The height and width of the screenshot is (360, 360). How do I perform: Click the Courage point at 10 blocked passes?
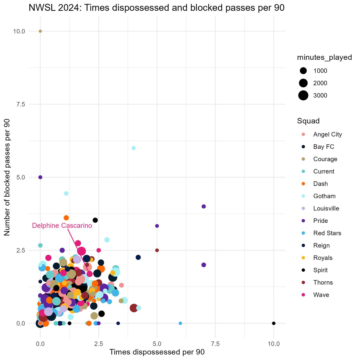click(40, 31)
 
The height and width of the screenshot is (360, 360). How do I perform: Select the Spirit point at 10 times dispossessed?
click(274, 323)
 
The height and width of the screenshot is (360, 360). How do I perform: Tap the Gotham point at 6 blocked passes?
click(133, 148)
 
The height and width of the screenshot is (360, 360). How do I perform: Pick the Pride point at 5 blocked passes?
click(40, 177)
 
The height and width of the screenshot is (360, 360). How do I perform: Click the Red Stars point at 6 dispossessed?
click(180, 323)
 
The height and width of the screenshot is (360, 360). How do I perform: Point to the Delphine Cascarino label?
click(62, 226)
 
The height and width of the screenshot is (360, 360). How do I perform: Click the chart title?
click(157, 8)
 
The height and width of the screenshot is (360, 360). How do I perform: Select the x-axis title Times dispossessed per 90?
click(157, 352)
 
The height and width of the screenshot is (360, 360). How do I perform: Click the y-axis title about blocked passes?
click(7, 177)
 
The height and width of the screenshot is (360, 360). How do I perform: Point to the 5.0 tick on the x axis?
click(157, 344)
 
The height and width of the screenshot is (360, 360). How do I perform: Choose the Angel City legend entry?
click(327, 134)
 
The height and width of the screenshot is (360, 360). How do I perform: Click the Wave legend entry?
click(321, 295)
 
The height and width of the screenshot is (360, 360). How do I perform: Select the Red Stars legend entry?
click(327, 233)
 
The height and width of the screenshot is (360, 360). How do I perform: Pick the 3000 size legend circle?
click(303, 95)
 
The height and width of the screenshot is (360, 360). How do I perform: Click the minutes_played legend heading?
click(324, 57)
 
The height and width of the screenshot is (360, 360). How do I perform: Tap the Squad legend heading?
click(308, 121)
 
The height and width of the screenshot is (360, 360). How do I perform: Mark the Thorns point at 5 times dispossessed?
click(157, 250)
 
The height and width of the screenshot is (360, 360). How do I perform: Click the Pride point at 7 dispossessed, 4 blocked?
click(203, 206)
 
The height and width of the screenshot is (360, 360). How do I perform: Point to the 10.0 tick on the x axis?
click(274, 344)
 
